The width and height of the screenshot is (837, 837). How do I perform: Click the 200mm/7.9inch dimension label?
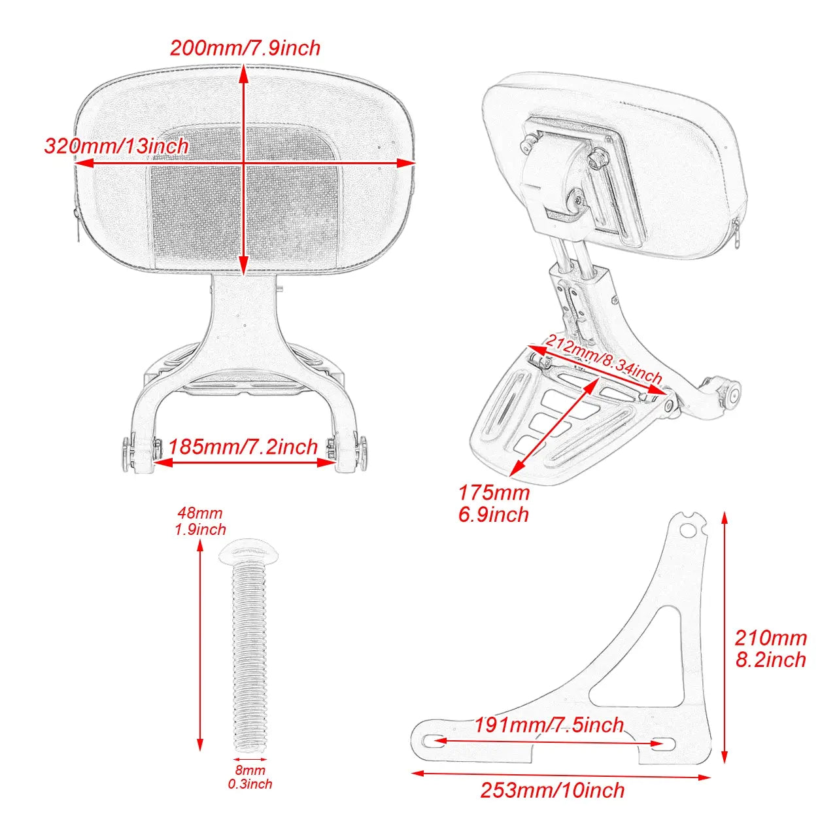coord(245,48)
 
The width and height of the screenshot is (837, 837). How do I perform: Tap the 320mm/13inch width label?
coord(116,146)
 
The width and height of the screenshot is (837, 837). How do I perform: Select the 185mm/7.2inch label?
coord(243,447)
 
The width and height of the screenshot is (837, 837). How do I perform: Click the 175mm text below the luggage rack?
coord(494,492)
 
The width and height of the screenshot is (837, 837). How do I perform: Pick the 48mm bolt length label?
coord(200,513)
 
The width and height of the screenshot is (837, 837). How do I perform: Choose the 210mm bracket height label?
coord(771,638)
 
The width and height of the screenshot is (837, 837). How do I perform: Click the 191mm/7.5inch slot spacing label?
coord(549,725)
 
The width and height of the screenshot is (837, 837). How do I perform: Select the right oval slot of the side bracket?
coord(662,743)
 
